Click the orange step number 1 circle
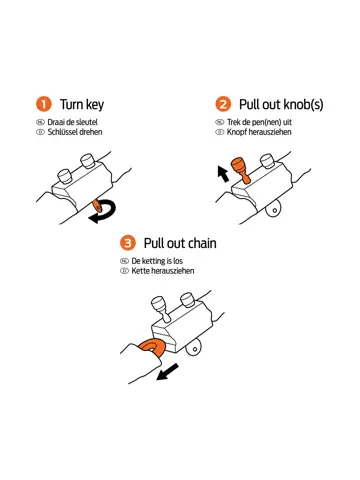click(44, 104)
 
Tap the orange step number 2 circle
click(223, 104)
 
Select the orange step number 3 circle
click(128, 243)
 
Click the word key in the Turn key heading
click(95, 105)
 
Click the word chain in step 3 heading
click(201, 243)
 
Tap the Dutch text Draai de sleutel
click(73, 122)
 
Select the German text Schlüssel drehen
click(75, 132)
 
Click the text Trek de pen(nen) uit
click(259, 122)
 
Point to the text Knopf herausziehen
click(259, 132)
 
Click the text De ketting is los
click(157, 261)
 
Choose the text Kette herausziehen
click(163, 271)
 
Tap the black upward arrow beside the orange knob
click(223, 174)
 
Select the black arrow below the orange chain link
click(167, 372)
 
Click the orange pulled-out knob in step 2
click(242, 169)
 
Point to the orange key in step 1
click(97, 205)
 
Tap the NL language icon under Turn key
click(40, 122)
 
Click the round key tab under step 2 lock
click(274, 209)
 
